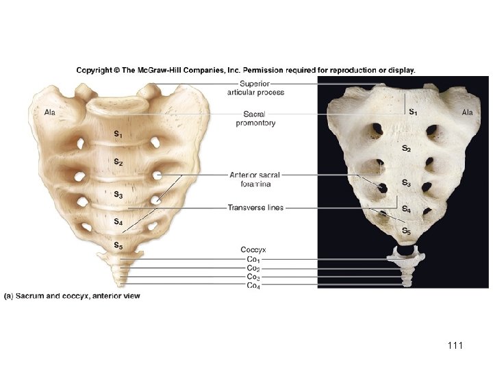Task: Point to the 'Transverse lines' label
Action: [255, 208]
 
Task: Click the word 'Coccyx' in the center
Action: [254, 249]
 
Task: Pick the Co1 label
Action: [253, 260]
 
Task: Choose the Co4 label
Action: [253, 286]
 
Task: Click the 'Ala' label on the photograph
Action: [468, 112]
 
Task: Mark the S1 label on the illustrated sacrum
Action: [118, 134]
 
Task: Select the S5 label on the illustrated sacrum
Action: [118, 245]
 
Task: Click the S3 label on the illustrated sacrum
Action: [118, 195]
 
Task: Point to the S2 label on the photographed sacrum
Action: [406, 148]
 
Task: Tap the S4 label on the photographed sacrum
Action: [406, 209]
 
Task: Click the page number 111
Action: [454, 346]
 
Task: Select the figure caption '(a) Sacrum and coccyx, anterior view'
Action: [77, 296]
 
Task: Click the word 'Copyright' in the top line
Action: [95, 69]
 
